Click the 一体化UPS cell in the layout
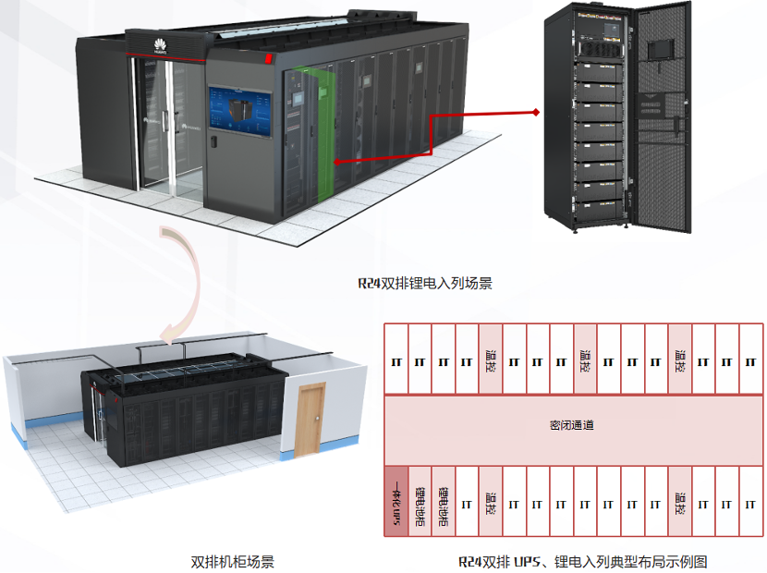[396, 501]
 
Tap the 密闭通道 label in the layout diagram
[570, 425]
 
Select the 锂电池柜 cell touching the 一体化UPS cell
[420, 501]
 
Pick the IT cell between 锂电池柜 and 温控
[467, 505]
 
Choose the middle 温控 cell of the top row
[584, 359]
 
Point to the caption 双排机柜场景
[232, 561]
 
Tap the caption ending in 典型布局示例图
[582, 561]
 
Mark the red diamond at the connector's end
[536, 113]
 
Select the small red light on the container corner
[269, 58]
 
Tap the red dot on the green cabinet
[335, 163]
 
